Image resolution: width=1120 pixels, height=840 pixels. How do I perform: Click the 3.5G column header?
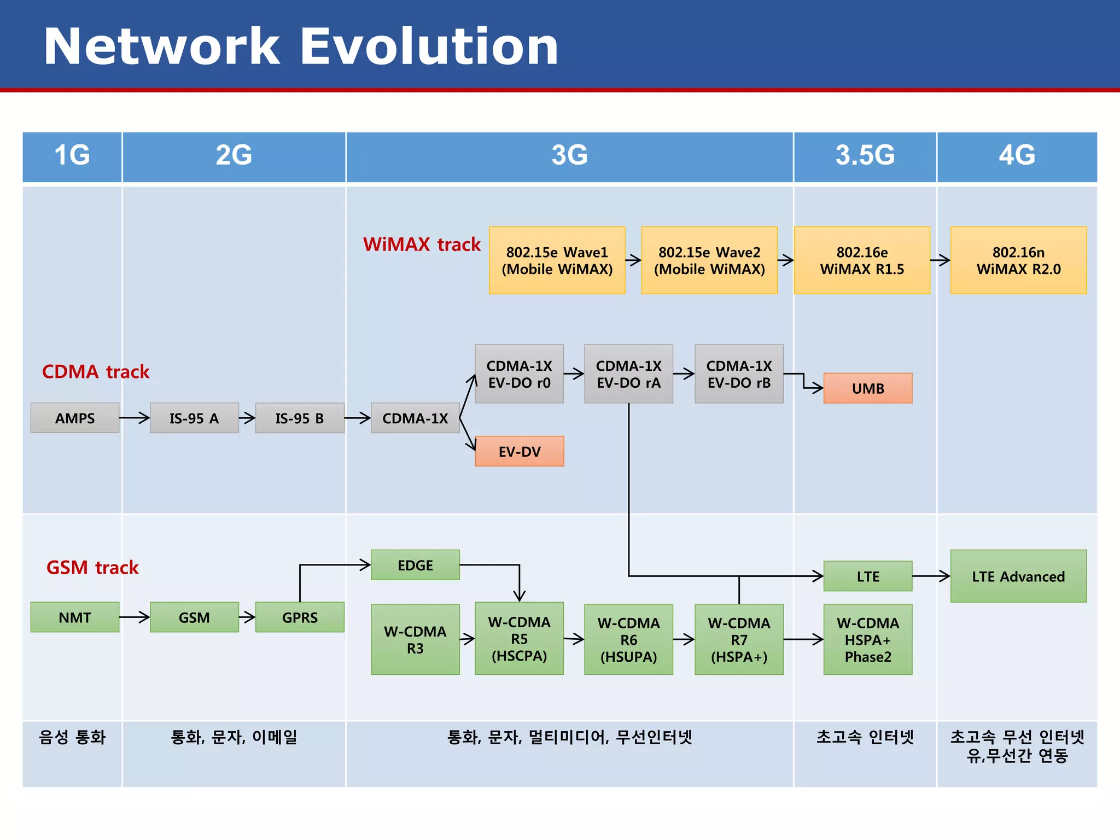click(x=865, y=156)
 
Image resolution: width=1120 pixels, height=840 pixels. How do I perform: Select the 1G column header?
click(x=72, y=156)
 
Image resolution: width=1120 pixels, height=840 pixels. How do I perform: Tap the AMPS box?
click(x=75, y=418)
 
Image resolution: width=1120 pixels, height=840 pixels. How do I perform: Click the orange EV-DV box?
click(x=519, y=452)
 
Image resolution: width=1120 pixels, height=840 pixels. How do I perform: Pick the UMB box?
click(x=867, y=388)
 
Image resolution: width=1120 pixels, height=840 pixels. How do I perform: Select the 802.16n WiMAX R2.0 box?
click(x=1018, y=260)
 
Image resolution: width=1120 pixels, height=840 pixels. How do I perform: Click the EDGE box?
click(x=415, y=565)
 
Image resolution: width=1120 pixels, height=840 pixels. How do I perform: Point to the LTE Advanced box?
click(x=1018, y=576)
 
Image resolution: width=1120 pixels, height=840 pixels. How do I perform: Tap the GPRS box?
click(x=300, y=617)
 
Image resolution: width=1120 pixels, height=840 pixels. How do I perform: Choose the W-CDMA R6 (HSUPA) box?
click(x=628, y=639)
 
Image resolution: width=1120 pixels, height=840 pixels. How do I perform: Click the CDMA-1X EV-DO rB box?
click(x=739, y=374)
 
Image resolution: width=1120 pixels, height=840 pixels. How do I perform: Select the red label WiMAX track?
click(x=422, y=244)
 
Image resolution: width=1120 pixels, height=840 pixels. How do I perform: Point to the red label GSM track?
click(x=92, y=568)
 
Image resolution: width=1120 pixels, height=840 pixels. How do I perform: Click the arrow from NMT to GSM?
click(x=135, y=617)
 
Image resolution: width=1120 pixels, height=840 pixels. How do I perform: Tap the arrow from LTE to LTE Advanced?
click(x=931, y=576)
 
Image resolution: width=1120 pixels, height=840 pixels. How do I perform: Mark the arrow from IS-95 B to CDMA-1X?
click(x=358, y=418)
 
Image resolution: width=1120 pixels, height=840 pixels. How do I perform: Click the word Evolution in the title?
click(x=429, y=46)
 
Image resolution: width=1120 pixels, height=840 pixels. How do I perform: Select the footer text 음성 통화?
click(x=72, y=737)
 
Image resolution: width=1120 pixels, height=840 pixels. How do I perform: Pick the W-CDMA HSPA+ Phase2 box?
click(x=867, y=639)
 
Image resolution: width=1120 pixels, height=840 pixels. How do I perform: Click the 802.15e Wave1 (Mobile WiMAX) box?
click(x=557, y=260)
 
